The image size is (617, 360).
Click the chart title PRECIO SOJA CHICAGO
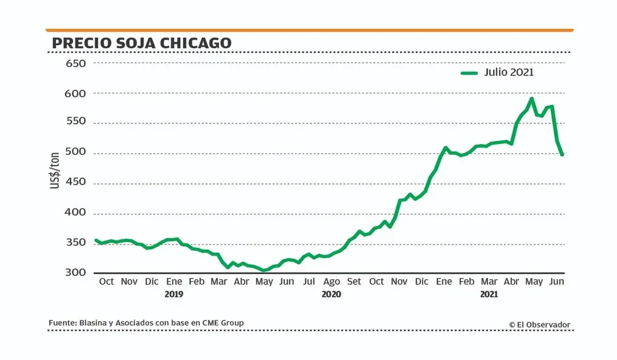tap(141, 43)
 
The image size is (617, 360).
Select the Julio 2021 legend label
tap(509, 72)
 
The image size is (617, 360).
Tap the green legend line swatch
tap(470, 73)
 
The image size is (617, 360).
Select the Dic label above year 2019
tap(151, 282)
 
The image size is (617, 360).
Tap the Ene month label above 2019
tap(174, 282)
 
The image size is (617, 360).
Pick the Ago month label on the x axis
tap(331, 282)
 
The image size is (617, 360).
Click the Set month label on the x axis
tap(354, 282)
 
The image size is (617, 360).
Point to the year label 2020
tap(331, 295)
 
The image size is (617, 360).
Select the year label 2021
tap(489, 295)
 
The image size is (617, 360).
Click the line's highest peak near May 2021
tap(531, 99)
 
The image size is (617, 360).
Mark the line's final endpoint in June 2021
tap(562, 154)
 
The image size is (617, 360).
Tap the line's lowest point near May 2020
tap(263, 270)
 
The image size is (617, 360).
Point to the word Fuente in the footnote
tap(62, 323)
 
